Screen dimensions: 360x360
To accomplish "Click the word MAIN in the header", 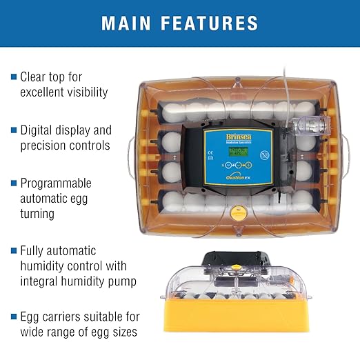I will pyautogui.click(x=129, y=23).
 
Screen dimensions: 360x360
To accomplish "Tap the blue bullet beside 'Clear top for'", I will pyautogui.click(x=13, y=77).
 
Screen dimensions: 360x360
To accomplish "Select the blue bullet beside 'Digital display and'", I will pyautogui.click(x=13, y=129).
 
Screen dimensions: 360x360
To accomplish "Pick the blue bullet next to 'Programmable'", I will pyautogui.click(x=13, y=183).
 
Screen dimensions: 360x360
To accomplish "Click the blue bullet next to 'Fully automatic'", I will pyautogui.click(x=13, y=251).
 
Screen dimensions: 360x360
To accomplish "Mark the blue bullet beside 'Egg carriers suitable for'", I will pyautogui.click(x=13, y=317).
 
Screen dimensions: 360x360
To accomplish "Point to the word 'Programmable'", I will pyautogui.click(x=56, y=183).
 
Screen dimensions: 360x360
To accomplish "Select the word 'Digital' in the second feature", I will pyautogui.click(x=38, y=129).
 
